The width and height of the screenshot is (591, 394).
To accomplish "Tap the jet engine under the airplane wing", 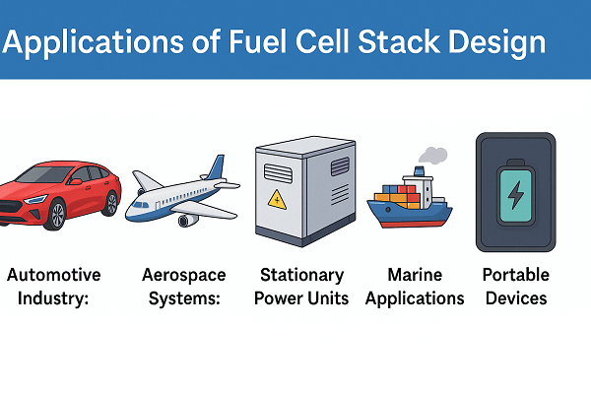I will tap(186, 220).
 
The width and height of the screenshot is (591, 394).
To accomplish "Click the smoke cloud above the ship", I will tap(433, 156).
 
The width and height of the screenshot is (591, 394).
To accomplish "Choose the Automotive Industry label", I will tap(53, 286).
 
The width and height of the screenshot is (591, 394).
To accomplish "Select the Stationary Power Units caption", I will tap(301, 286).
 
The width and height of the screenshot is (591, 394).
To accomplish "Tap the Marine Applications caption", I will tap(414, 286).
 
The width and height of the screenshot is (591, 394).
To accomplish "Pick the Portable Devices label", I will tap(515, 286).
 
